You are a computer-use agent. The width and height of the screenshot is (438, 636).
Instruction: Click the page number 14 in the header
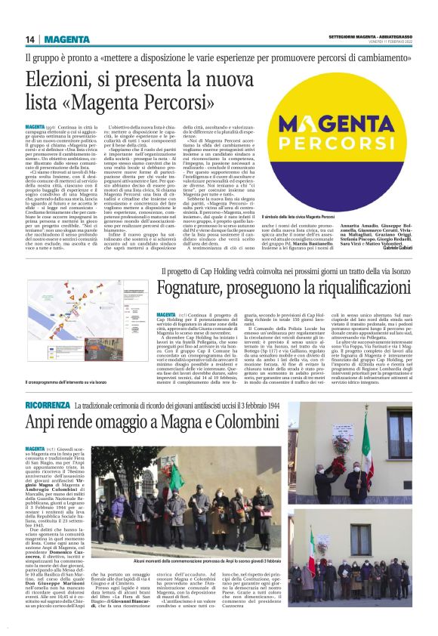coord(30,39)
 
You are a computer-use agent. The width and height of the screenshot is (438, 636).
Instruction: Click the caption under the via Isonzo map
coord(79,384)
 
